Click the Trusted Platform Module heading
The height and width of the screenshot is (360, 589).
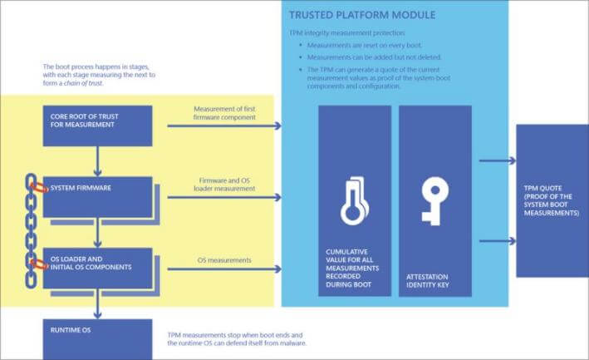tap(362, 15)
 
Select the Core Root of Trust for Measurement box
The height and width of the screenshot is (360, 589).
tap(98, 126)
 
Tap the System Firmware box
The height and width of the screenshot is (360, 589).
tap(98, 197)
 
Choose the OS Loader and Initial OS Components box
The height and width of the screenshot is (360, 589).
tap(98, 269)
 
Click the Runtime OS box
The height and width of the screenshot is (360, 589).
tap(98, 339)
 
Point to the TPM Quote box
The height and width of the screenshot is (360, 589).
tap(552, 200)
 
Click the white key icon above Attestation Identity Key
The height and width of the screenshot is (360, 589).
tap(434, 201)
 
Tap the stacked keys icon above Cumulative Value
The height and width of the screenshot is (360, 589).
tap(354, 201)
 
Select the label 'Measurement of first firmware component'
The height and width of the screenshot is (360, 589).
tap(224, 113)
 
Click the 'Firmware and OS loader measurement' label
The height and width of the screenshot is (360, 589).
tap(224, 185)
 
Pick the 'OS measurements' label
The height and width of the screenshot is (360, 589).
tap(224, 260)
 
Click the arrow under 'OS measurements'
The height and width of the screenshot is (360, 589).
tap(224, 269)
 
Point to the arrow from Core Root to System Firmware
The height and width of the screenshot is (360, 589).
tap(98, 161)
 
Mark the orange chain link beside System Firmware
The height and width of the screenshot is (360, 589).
tap(39, 187)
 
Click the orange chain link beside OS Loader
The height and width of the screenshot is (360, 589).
tap(39, 264)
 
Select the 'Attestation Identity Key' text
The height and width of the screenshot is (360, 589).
tap(428, 281)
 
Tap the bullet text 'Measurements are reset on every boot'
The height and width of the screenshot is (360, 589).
tap(365, 46)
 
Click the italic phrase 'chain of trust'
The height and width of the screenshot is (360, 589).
tap(83, 83)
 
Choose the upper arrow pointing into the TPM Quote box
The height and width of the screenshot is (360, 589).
tap(498, 160)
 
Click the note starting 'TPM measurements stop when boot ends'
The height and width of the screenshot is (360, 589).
tap(237, 339)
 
